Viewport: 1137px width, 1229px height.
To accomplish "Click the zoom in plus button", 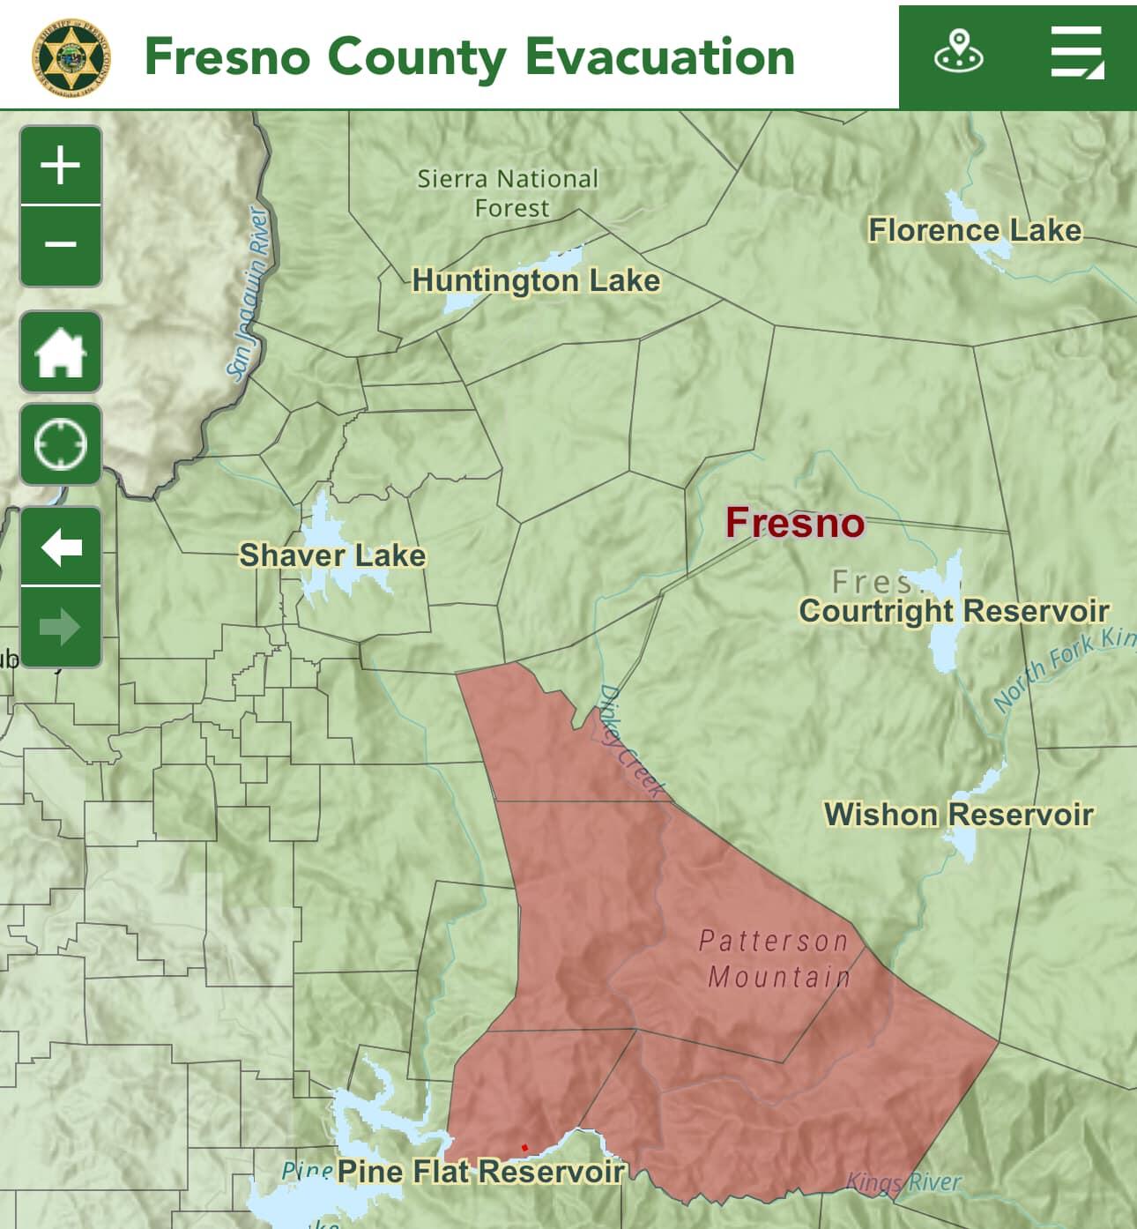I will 60,166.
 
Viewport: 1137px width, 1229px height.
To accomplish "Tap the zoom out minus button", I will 60,245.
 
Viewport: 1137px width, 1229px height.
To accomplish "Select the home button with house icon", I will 60,352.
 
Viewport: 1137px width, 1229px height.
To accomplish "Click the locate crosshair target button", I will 60,444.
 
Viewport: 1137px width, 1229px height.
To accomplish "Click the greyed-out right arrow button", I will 60,628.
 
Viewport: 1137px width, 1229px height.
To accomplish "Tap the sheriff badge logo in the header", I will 72,56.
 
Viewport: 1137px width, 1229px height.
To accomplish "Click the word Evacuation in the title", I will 659,56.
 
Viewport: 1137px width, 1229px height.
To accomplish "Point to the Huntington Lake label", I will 536,280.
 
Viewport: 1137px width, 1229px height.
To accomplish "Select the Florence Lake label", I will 975,230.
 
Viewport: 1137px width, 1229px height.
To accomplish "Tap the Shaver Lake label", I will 332,555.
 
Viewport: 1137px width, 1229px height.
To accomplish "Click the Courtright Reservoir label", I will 954,610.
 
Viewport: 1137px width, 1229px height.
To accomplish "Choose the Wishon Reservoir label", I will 958,814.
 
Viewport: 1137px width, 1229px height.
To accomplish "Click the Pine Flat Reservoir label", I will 480,1171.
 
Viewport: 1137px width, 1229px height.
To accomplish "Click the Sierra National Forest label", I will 509,193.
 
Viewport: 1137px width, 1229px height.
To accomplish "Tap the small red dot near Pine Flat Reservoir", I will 524,1147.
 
